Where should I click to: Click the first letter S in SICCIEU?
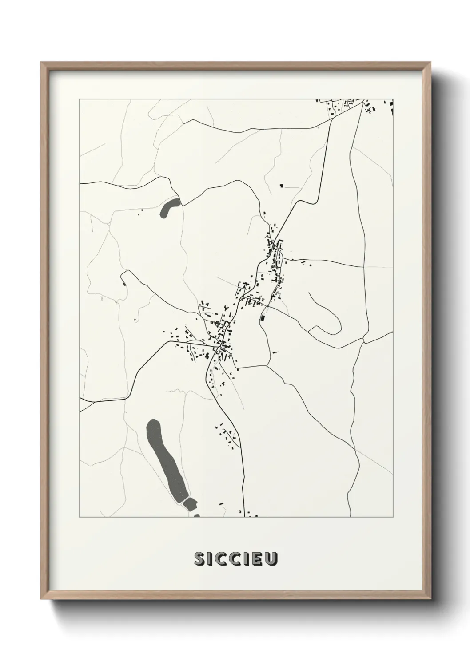coord(199,559)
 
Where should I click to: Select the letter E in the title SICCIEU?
coord(258,559)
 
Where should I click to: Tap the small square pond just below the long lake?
coord(190,503)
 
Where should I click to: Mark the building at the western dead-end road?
coord(123,280)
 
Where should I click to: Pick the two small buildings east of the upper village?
coord(307,265)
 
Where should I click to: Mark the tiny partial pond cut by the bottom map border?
coord(196,515)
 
